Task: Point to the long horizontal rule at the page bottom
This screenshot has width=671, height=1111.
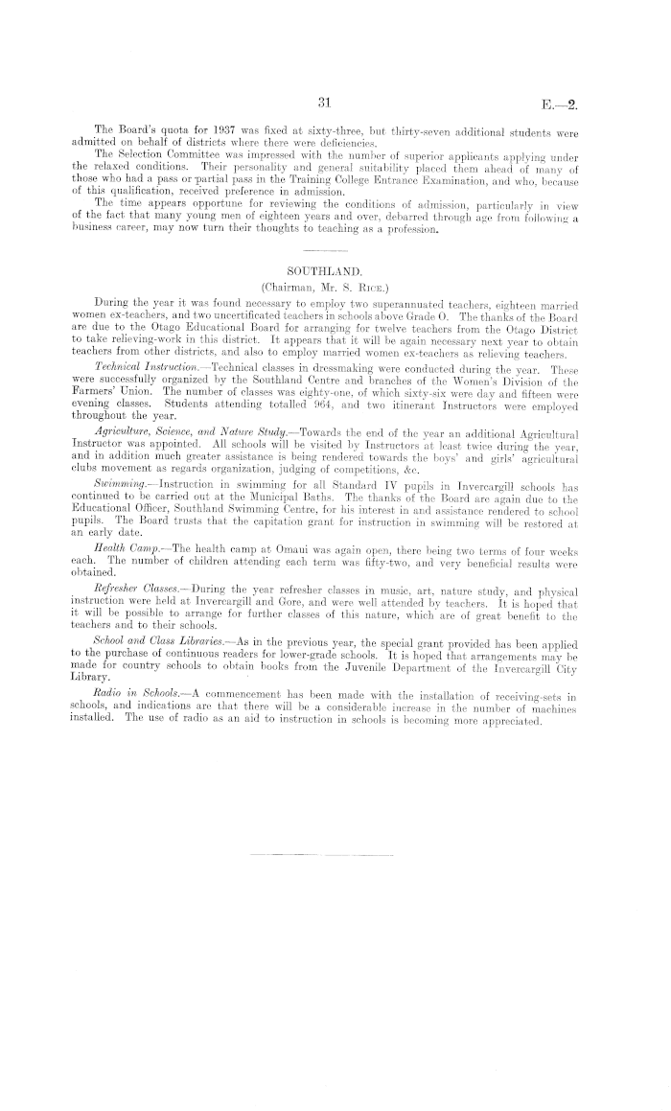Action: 321,853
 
